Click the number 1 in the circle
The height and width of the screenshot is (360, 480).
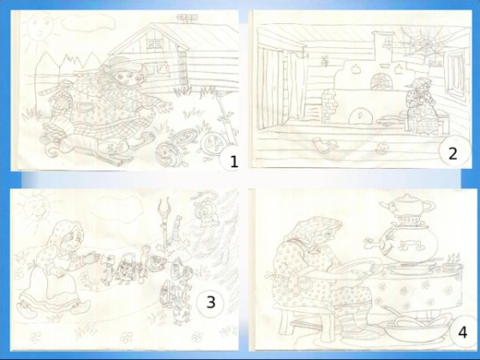click(234, 162)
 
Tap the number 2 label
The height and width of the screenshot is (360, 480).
click(453, 154)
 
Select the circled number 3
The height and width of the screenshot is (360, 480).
click(211, 302)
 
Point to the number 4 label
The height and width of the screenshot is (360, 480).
click(462, 333)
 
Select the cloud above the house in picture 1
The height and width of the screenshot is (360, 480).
click(89, 22)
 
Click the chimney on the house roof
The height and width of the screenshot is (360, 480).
click(186, 18)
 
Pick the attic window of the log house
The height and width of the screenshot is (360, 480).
click(154, 43)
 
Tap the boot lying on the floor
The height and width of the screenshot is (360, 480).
click(325, 145)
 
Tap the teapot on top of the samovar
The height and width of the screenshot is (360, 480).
click(407, 206)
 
